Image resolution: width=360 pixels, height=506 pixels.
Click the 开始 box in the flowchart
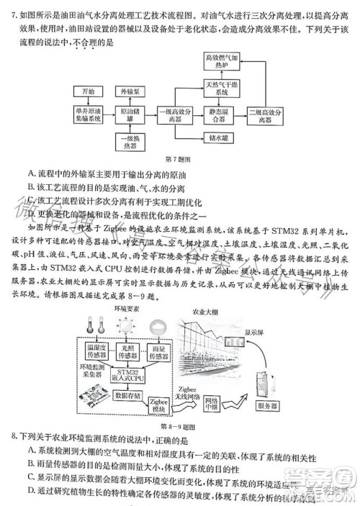click(87, 92)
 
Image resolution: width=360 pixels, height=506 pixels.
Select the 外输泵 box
click(130, 92)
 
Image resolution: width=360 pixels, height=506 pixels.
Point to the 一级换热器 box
click(130, 141)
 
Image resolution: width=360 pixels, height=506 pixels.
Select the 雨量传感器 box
click(166, 351)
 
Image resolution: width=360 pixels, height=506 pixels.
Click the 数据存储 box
click(126, 395)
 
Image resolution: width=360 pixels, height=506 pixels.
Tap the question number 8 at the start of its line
click(14, 437)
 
